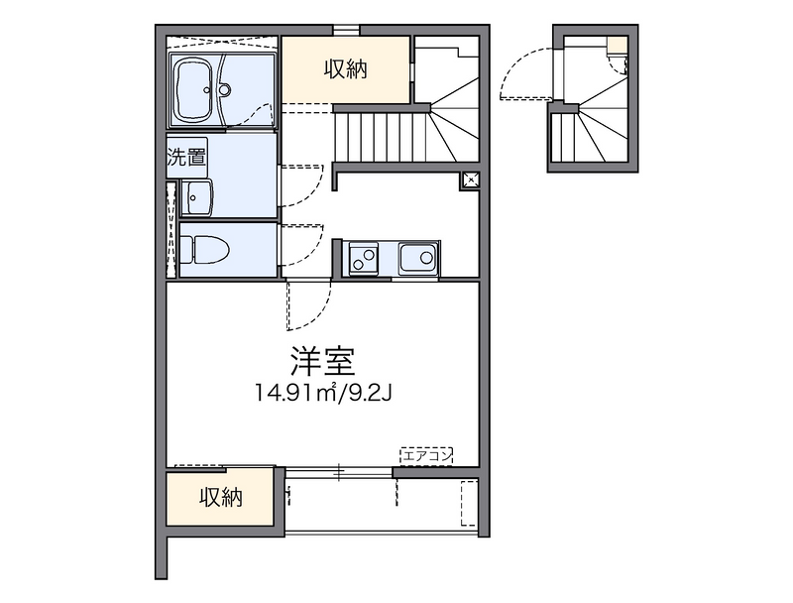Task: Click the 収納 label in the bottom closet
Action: coord(219,498)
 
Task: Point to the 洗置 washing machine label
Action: coord(185,156)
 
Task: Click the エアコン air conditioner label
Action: coord(426,456)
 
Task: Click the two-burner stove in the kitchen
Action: coord(363,259)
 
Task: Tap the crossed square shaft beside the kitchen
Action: coord(470,181)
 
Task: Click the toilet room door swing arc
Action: coord(302,248)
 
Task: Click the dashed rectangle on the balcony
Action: coord(469,503)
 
